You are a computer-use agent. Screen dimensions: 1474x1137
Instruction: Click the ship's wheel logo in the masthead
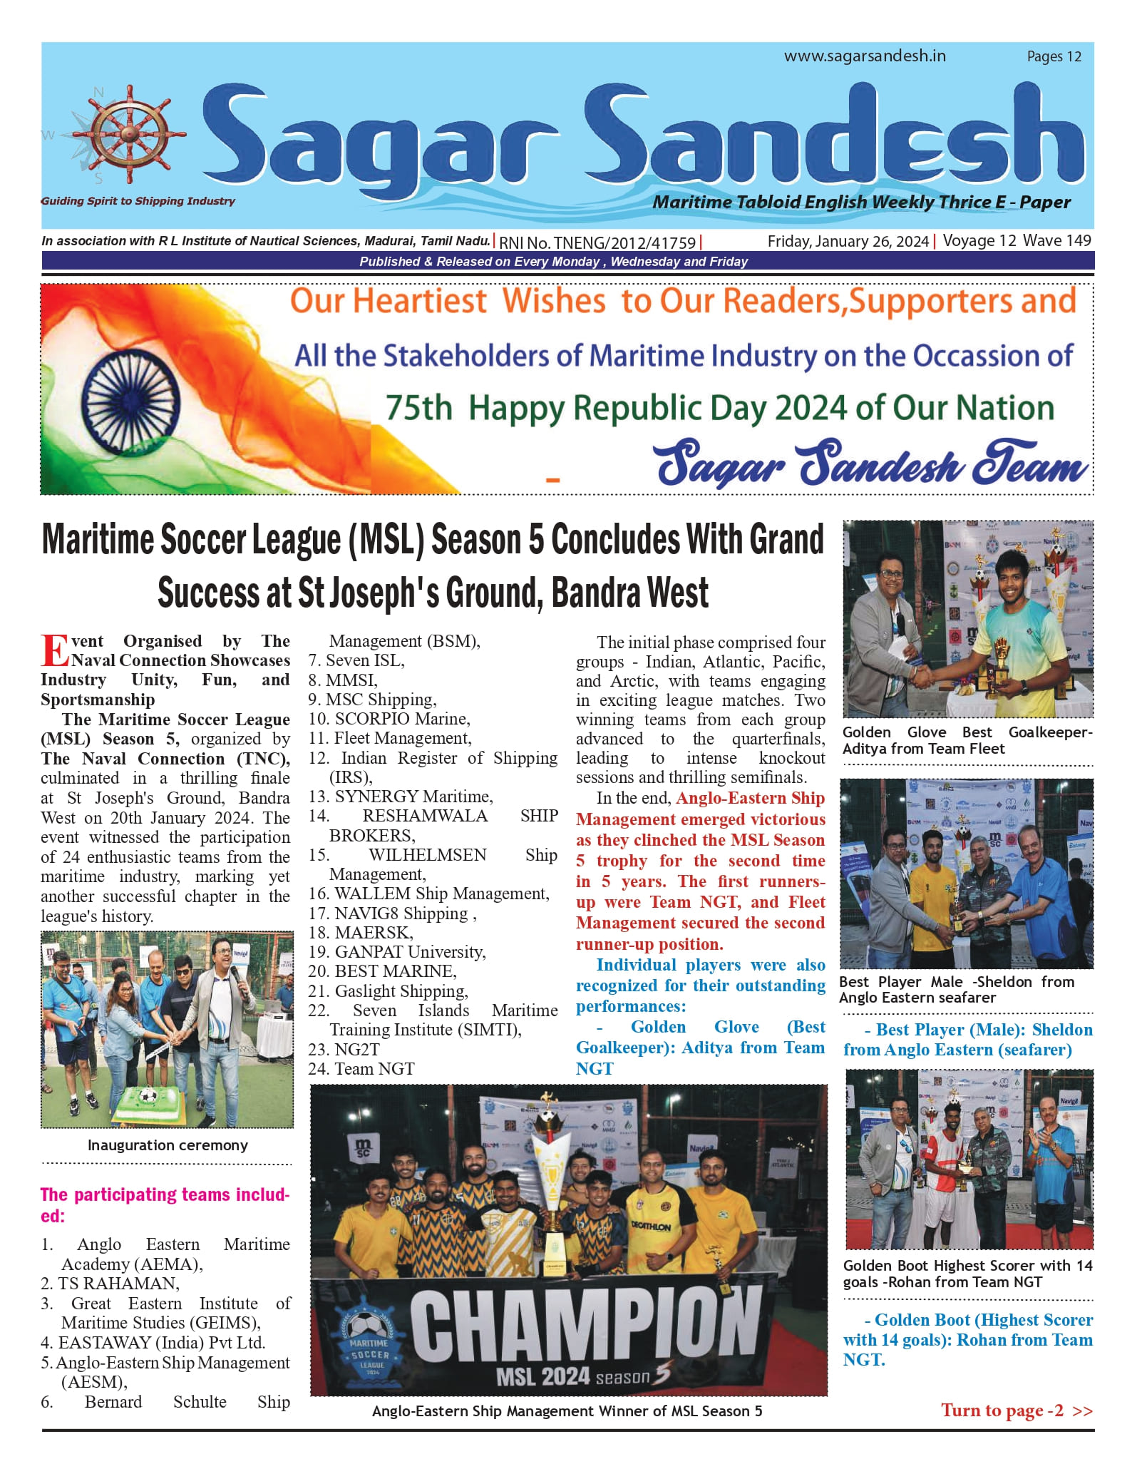(x=129, y=134)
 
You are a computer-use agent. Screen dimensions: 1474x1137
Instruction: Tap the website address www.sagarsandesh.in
(x=865, y=56)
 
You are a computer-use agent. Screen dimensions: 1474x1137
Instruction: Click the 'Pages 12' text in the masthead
(x=1054, y=57)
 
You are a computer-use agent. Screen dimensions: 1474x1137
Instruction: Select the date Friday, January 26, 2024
(x=848, y=241)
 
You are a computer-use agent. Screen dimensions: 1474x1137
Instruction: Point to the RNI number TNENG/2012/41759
(x=597, y=242)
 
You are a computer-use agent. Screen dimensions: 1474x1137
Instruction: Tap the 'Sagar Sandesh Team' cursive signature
(x=872, y=464)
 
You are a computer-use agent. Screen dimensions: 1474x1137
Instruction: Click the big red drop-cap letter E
(x=55, y=650)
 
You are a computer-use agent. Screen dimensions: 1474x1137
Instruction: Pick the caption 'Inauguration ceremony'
(x=168, y=1145)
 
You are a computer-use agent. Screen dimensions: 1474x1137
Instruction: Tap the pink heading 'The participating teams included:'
(x=165, y=1204)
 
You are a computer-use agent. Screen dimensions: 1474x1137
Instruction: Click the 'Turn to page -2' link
(x=1016, y=1410)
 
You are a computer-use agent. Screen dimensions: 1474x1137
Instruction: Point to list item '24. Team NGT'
(x=361, y=1068)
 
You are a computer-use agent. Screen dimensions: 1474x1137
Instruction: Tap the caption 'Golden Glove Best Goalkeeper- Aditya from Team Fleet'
(x=967, y=740)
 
